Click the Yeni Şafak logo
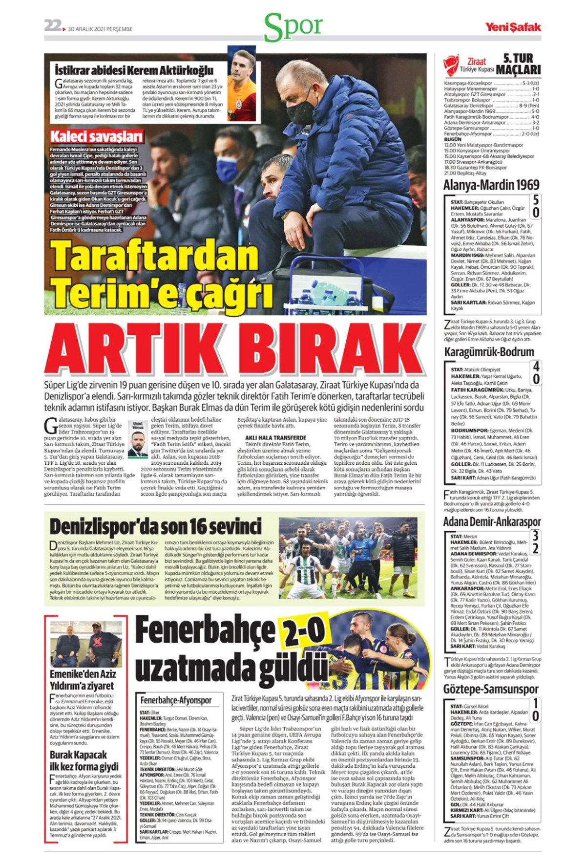point(513,27)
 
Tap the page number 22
point(52,26)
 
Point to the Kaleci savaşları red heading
point(97,136)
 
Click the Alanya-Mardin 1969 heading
point(491,185)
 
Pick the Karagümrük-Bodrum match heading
point(489,352)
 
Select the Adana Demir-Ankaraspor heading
point(492,521)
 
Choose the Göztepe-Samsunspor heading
point(491,690)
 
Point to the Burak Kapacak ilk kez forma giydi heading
point(84,761)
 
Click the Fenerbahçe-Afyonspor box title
point(176,700)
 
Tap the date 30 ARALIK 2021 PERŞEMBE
point(100,29)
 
